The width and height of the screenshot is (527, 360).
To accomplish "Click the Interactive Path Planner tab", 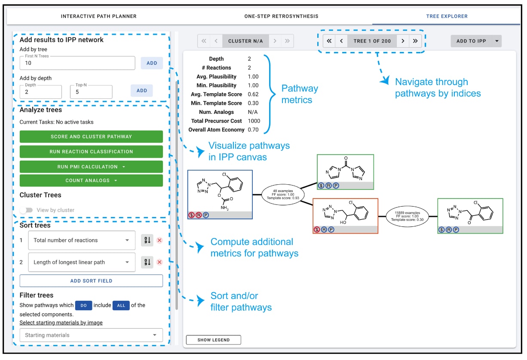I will tap(98, 16).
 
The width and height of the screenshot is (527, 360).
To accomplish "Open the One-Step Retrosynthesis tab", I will tap(281, 16).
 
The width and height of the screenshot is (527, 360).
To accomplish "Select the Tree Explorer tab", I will tap(447, 16).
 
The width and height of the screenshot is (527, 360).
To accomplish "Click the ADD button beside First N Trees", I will tap(152, 63).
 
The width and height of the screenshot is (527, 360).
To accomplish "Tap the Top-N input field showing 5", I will tap(91, 92).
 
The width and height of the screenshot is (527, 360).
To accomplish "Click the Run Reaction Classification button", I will tap(91, 152).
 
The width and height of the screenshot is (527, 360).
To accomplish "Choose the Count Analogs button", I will tap(91, 180).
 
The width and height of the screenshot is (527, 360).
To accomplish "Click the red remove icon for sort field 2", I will tap(159, 262).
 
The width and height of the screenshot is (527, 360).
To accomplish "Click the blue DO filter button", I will tap(83, 305).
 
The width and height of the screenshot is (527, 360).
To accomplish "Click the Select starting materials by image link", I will tap(61, 323).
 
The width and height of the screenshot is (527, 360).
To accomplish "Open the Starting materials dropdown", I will tap(91, 335).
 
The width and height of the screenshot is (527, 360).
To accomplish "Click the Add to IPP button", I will tap(471, 41).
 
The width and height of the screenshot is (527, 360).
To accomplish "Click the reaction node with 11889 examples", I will tap(408, 216).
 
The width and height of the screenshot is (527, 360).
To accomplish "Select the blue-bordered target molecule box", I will tap(220, 194).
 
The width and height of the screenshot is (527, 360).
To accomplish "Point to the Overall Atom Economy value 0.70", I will tap(254, 130).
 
